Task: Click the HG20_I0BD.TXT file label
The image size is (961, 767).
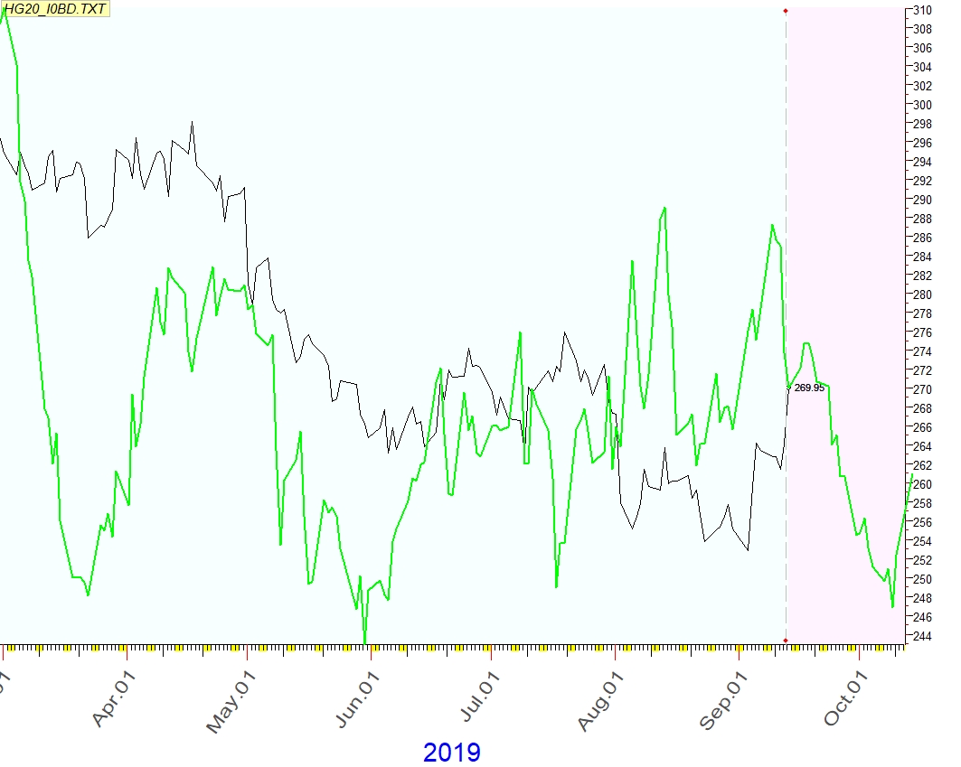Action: tap(55, 9)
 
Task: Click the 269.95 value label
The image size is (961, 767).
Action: tap(809, 388)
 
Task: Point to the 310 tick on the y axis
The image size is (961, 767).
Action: tap(921, 10)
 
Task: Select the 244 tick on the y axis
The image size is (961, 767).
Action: tap(921, 636)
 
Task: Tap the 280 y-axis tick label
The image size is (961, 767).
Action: tap(921, 295)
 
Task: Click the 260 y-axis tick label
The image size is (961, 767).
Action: tap(921, 484)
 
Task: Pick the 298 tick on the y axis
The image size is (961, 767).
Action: tap(921, 124)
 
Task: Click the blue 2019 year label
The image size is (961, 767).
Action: tap(452, 752)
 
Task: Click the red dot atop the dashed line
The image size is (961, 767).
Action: tap(786, 11)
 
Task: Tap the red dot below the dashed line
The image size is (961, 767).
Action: tap(786, 641)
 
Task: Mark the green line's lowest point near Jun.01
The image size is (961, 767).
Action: tap(364, 642)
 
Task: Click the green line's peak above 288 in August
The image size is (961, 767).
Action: tap(664, 208)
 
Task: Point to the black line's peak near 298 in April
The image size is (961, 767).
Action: tap(192, 122)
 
